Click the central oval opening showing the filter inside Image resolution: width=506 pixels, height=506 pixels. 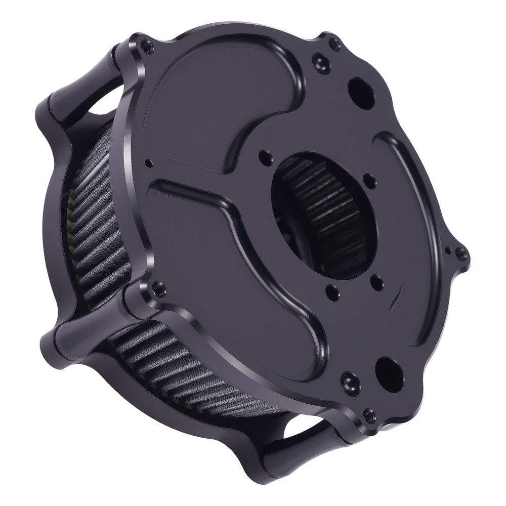click(x=324, y=215)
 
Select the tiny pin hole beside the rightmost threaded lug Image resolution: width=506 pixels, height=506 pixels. click(x=447, y=250)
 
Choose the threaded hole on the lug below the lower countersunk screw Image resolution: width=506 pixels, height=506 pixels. click(x=368, y=415)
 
